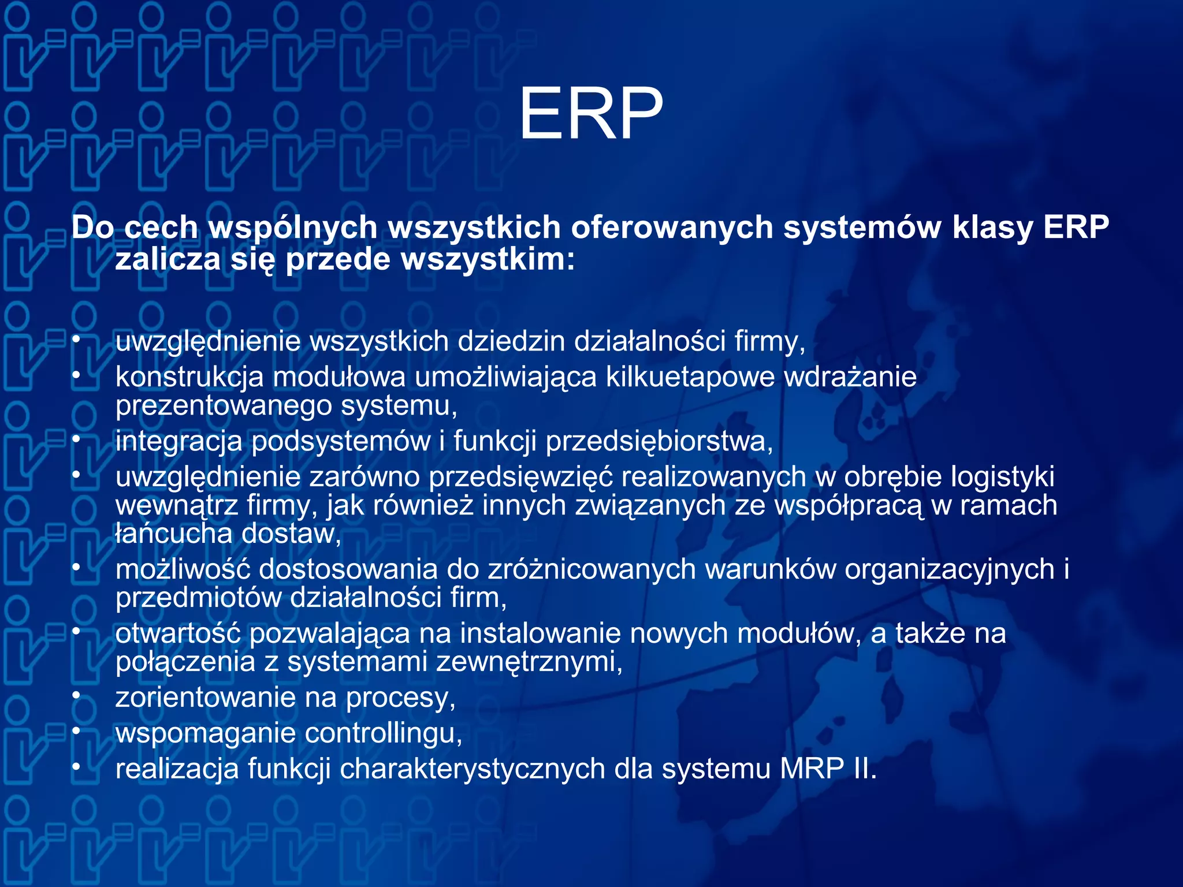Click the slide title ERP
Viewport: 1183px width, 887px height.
(590, 114)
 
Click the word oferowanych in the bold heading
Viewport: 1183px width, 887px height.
(671, 227)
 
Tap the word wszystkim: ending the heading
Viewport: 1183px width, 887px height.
(488, 259)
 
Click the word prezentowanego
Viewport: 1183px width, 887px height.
(223, 406)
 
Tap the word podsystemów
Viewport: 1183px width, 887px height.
(341, 442)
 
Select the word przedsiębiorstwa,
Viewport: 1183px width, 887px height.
(659, 442)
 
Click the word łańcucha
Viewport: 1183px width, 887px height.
(173, 534)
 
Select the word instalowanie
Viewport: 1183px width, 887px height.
(540, 633)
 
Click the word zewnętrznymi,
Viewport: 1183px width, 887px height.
(529, 662)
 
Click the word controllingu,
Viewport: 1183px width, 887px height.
(383, 733)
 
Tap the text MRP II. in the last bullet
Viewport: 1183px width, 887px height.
(828, 769)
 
